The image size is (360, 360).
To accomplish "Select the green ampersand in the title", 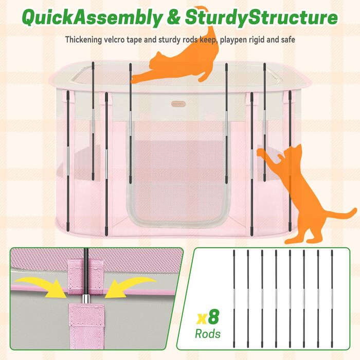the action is tap(174, 17).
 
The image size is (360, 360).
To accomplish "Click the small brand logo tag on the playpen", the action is tap(178, 104).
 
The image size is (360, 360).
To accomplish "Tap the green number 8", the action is tap(213, 317).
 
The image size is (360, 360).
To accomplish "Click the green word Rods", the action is tap(208, 334).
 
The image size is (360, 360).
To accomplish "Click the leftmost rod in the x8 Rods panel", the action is tap(234, 298).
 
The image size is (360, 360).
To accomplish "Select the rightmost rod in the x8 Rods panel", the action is tap(332, 298).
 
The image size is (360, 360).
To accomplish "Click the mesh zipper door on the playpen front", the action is tap(177, 174).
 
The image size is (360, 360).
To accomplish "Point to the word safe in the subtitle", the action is tap(288, 40).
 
